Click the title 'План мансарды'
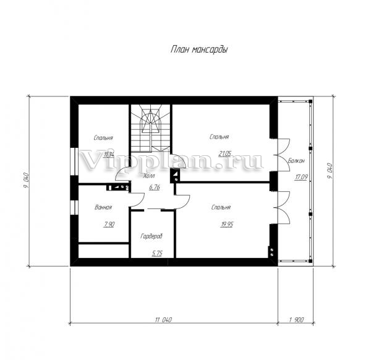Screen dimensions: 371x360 (x=199, y=49)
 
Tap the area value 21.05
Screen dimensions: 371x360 (x=225, y=154)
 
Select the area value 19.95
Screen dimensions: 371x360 (x=227, y=225)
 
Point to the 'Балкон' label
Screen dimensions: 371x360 (x=296, y=161)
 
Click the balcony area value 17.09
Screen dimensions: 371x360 (x=301, y=177)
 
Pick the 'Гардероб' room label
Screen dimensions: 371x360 (x=151, y=236)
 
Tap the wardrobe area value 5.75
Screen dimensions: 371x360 (x=157, y=254)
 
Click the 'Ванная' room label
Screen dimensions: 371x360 (x=103, y=207)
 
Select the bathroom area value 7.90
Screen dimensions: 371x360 (x=109, y=224)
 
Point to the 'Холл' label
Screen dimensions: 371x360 (x=149, y=176)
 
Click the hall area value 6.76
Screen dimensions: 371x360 (x=155, y=187)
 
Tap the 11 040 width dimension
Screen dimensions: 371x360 (x=163, y=320)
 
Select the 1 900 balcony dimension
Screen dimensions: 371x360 (x=296, y=320)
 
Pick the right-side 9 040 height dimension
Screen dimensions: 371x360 (x=330, y=171)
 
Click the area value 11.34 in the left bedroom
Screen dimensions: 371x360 (x=109, y=155)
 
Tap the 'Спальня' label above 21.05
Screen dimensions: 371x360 (x=220, y=137)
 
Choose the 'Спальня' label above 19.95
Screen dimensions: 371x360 (x=221, y=208)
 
